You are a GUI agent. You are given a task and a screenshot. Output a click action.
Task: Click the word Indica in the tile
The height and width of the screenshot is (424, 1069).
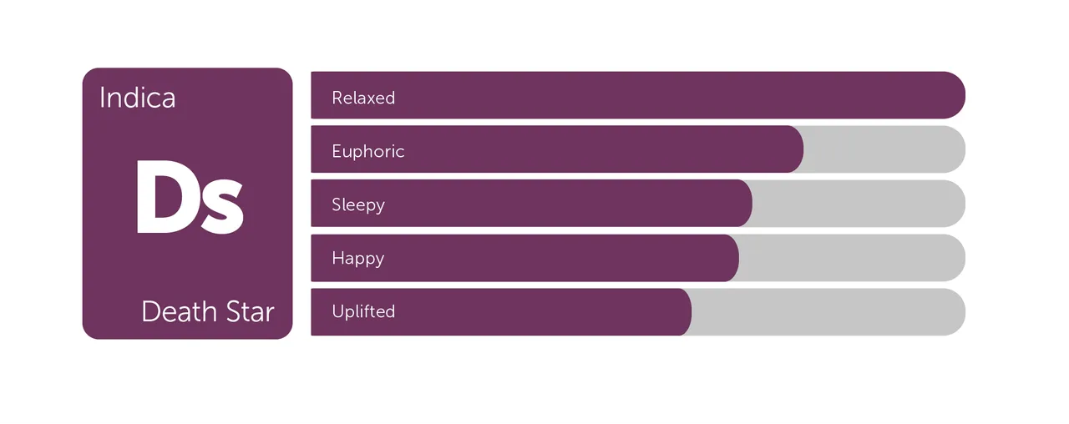coord(138,98)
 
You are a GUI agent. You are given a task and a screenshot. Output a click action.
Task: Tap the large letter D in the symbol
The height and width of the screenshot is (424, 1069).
coord(165,196)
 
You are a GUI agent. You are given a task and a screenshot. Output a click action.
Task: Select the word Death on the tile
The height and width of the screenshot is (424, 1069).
coord(180,312)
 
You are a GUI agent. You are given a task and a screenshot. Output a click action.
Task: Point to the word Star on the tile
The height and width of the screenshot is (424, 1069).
coord(250,312)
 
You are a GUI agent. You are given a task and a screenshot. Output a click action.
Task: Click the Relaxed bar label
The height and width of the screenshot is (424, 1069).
coord(363,98)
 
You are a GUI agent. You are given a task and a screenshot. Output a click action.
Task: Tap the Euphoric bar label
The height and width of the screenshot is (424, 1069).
coord(368,151)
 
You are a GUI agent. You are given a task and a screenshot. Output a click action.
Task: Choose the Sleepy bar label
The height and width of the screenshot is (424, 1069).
coord(358,205)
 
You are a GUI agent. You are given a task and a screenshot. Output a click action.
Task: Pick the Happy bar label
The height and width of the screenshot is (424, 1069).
coord(358,259)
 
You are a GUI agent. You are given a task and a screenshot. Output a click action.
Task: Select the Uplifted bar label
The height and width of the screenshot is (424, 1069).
coord(363,311)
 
